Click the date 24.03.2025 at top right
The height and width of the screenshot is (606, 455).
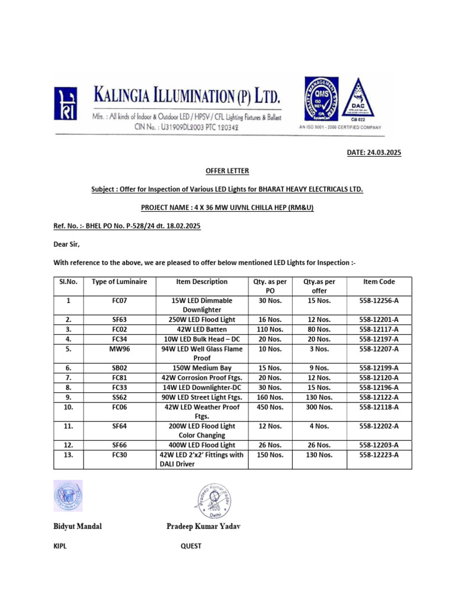pos(374,153)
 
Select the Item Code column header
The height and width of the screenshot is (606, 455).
pos(379,282)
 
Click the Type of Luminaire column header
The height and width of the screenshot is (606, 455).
pos(119,282)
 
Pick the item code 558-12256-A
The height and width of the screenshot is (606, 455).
pos(379,301)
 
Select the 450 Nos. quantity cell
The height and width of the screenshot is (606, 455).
pos(269,407)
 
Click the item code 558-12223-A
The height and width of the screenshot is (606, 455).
pos(379,454)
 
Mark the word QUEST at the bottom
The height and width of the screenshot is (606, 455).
pos(191,546)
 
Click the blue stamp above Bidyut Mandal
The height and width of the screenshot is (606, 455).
pos(69,495)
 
